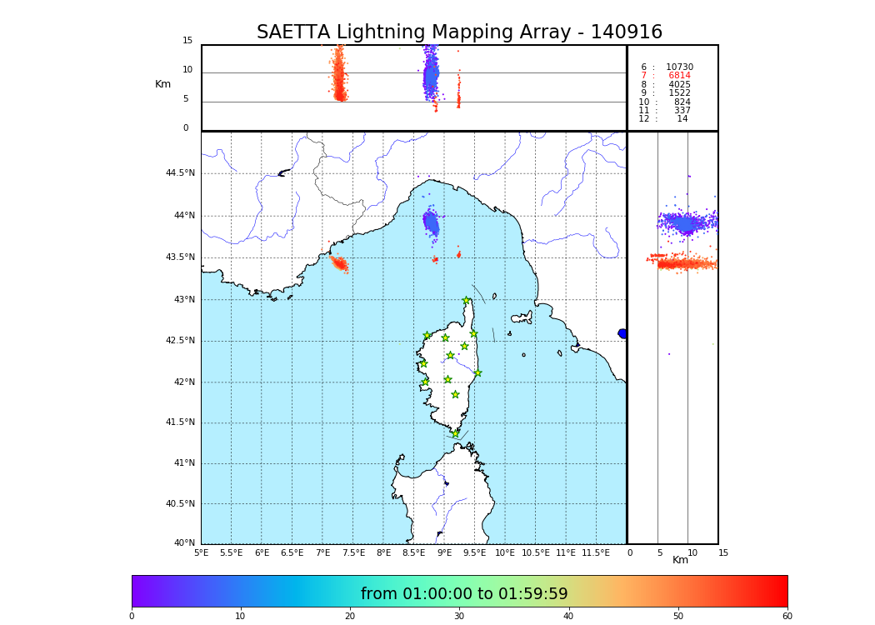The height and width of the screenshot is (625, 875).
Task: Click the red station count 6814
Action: [679, 76]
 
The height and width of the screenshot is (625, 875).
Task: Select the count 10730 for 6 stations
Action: [679, 67]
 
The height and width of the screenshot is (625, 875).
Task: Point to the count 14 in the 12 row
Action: [682, 119]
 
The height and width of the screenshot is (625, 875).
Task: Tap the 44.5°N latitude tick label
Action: [180, 173]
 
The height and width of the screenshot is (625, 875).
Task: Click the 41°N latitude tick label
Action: [183, 463]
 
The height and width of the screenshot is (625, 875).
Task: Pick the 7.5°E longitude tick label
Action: [353, 552]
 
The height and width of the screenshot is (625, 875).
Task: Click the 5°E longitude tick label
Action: [202, 552]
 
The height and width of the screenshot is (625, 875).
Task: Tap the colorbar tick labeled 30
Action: [459, 616]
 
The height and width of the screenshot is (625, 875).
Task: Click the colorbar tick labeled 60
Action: [787, 616]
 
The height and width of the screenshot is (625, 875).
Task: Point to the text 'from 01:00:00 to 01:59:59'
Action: [464, 594]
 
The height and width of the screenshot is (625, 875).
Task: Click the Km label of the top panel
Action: [163, 84]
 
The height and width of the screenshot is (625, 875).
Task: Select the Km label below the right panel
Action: [681, 560]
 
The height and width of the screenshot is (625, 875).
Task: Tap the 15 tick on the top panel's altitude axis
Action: [187, 41]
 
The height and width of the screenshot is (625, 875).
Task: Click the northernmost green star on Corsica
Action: [467, 301]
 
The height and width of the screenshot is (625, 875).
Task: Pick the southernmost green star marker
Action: [455, 433]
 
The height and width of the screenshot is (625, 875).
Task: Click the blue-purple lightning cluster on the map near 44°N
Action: [431, 222]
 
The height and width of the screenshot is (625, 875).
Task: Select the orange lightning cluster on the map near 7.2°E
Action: [340, 264]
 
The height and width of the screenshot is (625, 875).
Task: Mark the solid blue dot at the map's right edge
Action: [622, 333]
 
